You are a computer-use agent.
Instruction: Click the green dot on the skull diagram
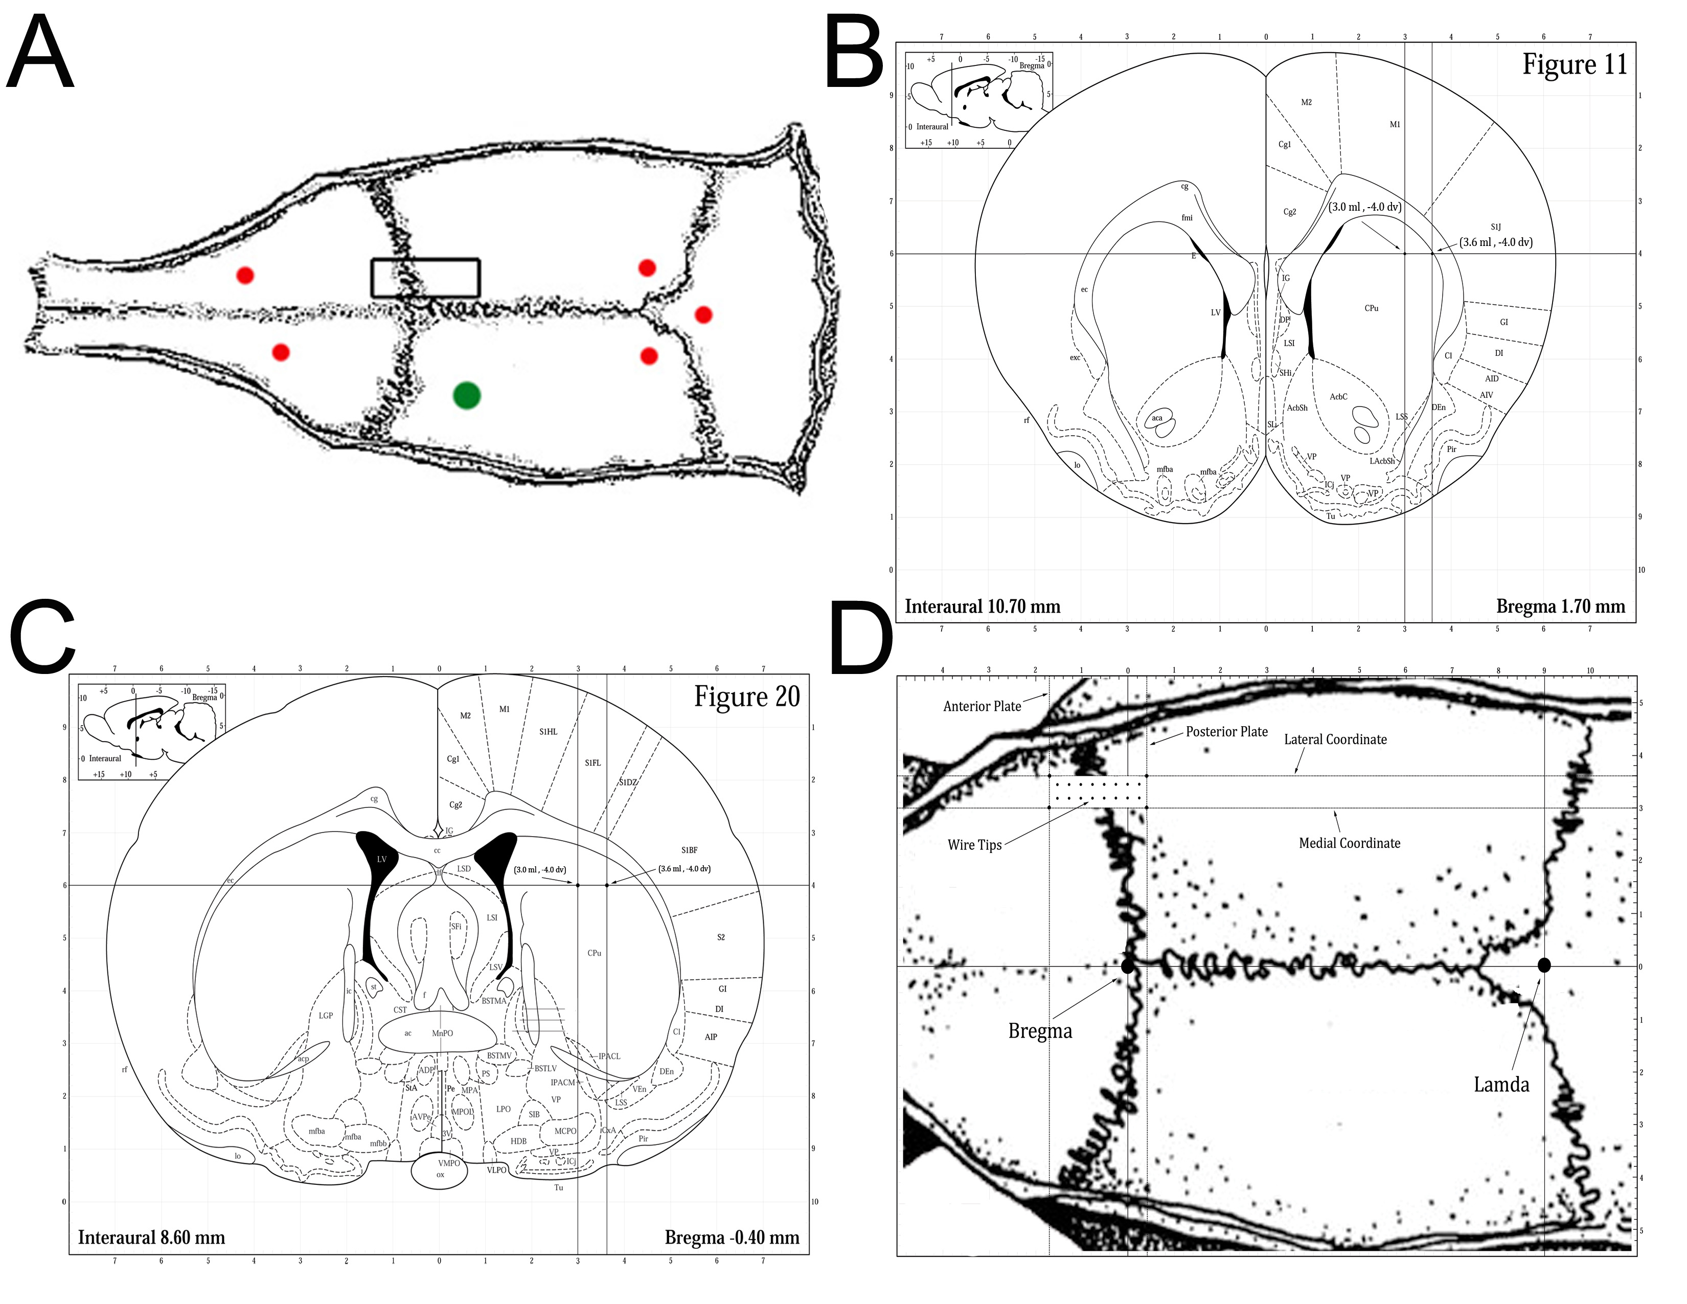coord(467,395)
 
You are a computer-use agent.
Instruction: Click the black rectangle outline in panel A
coord(426,260)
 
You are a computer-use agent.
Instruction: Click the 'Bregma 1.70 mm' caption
coord(1560,606)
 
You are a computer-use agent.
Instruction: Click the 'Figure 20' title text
coord(746,697)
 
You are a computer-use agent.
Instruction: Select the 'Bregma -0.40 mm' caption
coord(732,1238)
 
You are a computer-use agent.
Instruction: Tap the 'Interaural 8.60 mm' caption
coord(151,1238)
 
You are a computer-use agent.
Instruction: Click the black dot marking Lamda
coord(1544,965)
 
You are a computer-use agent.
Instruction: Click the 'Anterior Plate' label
coord(982,706)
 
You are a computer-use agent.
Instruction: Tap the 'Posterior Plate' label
coord(1226,732)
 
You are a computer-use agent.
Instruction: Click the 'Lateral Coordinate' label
coord(1335,739)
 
